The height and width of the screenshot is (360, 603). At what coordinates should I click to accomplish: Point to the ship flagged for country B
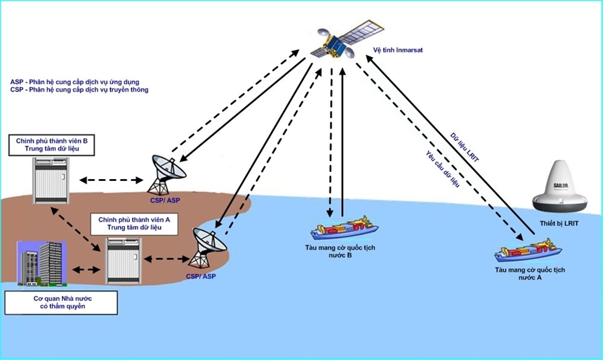(343, 230)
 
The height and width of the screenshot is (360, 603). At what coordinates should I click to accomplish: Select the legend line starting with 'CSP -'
(79, 90)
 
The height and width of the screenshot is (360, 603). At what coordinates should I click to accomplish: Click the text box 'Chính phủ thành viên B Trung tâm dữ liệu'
(48, 144)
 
